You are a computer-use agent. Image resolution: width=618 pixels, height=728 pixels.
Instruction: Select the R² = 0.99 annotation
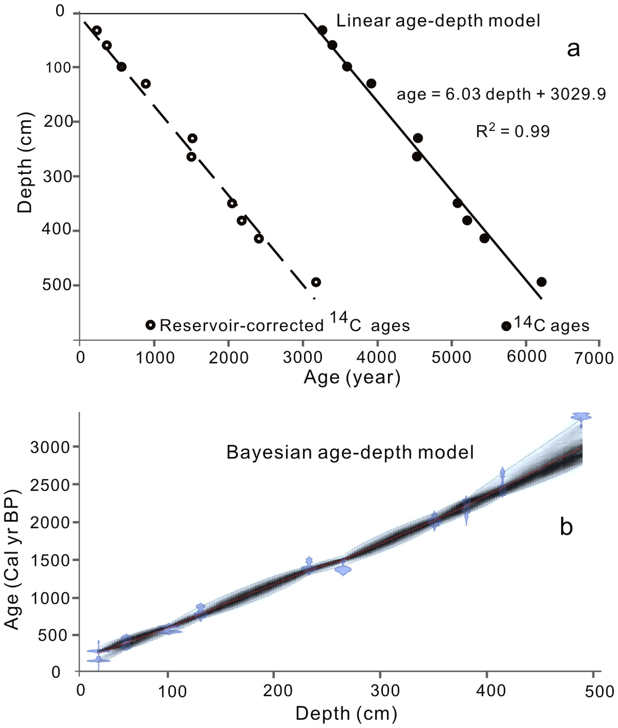(512, 131)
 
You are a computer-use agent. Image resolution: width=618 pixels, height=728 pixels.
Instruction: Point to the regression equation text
(501, 94)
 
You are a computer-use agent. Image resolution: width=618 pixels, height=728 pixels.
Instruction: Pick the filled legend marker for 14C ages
(506, 326)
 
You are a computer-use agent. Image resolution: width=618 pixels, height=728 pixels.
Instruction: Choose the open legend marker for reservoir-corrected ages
(150, 325)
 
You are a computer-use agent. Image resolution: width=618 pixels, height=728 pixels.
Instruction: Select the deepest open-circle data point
(316, 282)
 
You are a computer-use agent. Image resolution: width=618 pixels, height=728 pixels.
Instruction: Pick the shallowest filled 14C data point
(322, 30)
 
